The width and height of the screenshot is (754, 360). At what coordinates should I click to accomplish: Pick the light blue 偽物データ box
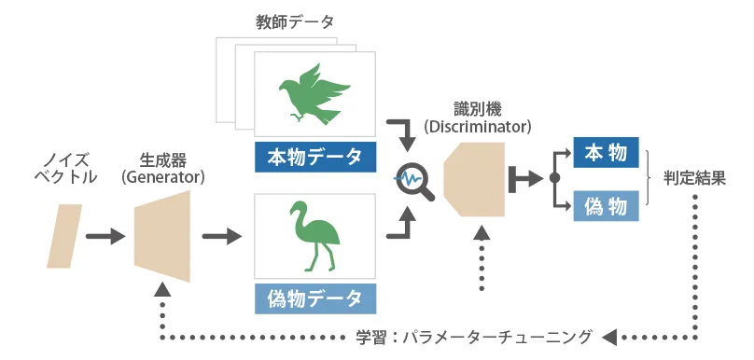coord(314,298)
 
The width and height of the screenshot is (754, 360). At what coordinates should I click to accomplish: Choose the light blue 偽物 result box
coord(606,204)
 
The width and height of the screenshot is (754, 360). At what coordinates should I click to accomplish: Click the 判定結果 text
coord(694,178)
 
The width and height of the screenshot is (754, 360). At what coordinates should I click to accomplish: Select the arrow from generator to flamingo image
coord(220,237)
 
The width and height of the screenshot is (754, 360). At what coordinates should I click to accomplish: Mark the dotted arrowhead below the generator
coord(162,290)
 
